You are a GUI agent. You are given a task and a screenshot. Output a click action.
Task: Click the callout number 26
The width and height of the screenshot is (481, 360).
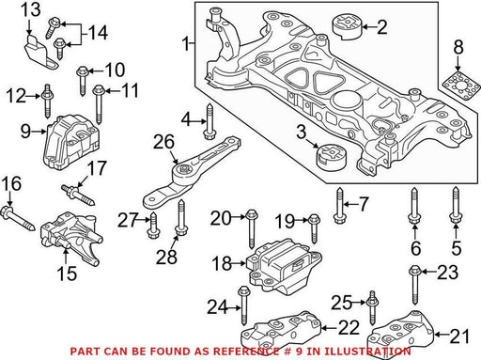point(163,142)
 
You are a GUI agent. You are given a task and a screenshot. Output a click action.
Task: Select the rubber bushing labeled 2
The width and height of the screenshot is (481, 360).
point(347,27)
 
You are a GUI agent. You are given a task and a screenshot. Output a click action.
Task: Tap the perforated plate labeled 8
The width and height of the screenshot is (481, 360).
point(460,85)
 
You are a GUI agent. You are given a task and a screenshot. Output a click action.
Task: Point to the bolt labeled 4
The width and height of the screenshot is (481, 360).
point(209,121)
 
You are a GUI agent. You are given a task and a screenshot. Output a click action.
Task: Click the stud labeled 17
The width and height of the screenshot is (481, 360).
point(78,196)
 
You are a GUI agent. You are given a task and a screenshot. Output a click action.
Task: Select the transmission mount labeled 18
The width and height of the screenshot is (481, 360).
point(285,266)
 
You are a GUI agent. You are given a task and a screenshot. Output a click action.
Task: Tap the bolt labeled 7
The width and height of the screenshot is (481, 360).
point(339,205)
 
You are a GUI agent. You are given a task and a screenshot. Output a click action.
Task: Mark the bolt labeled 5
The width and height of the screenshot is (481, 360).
point(456,205)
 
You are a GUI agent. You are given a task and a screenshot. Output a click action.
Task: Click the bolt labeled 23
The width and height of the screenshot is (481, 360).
point(415,285)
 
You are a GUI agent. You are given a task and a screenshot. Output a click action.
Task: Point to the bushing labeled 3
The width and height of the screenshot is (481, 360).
point(331,157)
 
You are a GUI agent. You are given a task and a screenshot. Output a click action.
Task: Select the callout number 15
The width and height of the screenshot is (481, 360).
point(67,274)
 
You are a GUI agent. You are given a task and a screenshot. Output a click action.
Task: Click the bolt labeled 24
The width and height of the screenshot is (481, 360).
point(243,305)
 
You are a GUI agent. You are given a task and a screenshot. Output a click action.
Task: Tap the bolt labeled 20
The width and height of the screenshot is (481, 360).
point(251,229)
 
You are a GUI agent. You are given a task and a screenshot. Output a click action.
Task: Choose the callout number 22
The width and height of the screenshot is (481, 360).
point(349,327)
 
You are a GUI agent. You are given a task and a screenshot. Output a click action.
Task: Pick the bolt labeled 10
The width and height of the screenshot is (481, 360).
point(82,81)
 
